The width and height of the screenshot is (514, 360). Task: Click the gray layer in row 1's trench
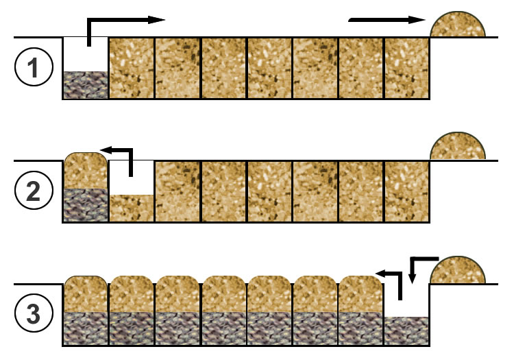[x=85, y=85]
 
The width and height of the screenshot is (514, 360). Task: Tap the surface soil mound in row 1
[x=458, y=25]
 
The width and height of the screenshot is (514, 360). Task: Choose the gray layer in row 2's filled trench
[x=85, y=204]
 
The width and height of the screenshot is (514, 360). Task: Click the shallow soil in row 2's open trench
[x=132, y=208]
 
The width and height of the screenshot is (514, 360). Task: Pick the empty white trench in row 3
[x=406, y=302]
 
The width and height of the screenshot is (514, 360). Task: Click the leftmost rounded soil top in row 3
[x=85, y=293]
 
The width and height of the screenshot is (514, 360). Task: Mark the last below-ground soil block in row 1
[x=406, y=68]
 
